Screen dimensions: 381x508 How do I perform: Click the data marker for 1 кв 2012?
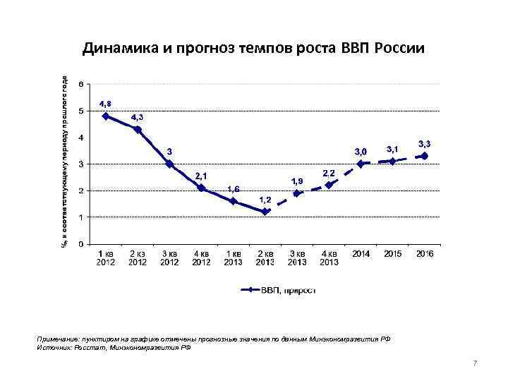pos(106,116)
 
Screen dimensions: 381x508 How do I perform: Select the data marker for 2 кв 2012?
pos(138,130)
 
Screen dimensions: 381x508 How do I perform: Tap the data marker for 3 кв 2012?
pos(169,164)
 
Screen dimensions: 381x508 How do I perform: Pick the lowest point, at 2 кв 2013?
pos(265,212)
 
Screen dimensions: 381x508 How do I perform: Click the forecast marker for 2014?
pos(361,164)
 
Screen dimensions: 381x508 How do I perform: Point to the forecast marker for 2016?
pos(424,156)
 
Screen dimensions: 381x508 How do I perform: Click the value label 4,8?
pos(105,104)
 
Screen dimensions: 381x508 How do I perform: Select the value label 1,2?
pos(265,200)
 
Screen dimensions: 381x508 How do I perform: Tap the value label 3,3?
pos(425,143)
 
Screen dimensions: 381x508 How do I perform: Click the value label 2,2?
pos(329,173)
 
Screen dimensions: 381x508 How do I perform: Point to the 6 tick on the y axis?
pos(81,84)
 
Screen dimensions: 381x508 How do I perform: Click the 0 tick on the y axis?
pos(81,244)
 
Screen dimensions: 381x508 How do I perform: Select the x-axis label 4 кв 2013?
pos(329,258)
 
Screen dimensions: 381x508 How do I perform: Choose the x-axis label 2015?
pos(393,254)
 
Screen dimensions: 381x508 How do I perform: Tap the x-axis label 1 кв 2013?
pos(234,258)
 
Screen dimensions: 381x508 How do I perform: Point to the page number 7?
pos(475,363)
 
